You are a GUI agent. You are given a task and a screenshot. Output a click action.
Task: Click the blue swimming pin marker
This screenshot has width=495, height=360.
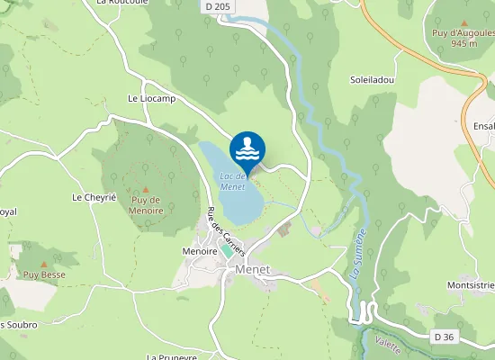(247, 147)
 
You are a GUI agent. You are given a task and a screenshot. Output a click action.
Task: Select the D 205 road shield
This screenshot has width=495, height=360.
(214, 5)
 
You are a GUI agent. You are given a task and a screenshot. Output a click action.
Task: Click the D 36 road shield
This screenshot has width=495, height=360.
(443, 337)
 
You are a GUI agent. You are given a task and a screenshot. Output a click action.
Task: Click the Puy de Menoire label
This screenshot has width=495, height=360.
(146, 204)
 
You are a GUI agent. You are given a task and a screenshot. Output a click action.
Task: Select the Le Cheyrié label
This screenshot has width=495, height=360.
(90, 196)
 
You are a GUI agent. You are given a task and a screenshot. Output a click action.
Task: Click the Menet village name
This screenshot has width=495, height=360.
(252, 269)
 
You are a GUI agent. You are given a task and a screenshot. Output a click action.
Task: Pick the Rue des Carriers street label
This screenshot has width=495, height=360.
(227, 232)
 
